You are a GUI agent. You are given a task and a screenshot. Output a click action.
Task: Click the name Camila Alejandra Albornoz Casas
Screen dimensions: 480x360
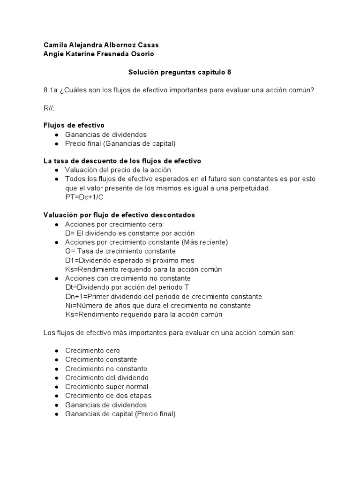pos(101,45)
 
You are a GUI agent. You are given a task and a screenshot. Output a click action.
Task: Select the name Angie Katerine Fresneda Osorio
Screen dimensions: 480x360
pos(98,54)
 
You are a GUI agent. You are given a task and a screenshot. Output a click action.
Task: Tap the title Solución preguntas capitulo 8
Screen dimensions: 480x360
pos(180,72)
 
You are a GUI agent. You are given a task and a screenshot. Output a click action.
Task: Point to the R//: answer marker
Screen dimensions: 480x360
pos(49,108)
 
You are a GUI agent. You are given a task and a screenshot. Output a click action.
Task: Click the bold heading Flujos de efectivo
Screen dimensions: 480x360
pos(74,125)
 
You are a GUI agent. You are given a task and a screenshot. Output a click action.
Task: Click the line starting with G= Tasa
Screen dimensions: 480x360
pos(120,251)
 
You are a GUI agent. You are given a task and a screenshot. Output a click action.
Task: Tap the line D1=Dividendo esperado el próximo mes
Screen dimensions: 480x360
pos(129,260)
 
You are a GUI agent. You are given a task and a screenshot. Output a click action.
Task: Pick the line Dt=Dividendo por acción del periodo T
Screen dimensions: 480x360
pos(128,287)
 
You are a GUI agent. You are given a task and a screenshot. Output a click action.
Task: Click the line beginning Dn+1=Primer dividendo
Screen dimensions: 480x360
pos(164,296)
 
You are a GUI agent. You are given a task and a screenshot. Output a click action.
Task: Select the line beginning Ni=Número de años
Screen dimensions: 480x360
pos(158,305)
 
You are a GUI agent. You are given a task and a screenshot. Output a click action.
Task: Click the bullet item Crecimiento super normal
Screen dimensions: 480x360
pos(106,387)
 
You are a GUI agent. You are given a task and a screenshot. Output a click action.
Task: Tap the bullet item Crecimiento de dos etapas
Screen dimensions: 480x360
pos(108,396)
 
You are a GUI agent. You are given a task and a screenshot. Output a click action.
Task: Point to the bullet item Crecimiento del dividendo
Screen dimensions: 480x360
pos(107,377)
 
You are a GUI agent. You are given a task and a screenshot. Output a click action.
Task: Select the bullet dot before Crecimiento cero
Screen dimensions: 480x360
pos(57,351)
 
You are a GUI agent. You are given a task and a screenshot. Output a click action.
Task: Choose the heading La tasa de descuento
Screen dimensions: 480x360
pos(122,161)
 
